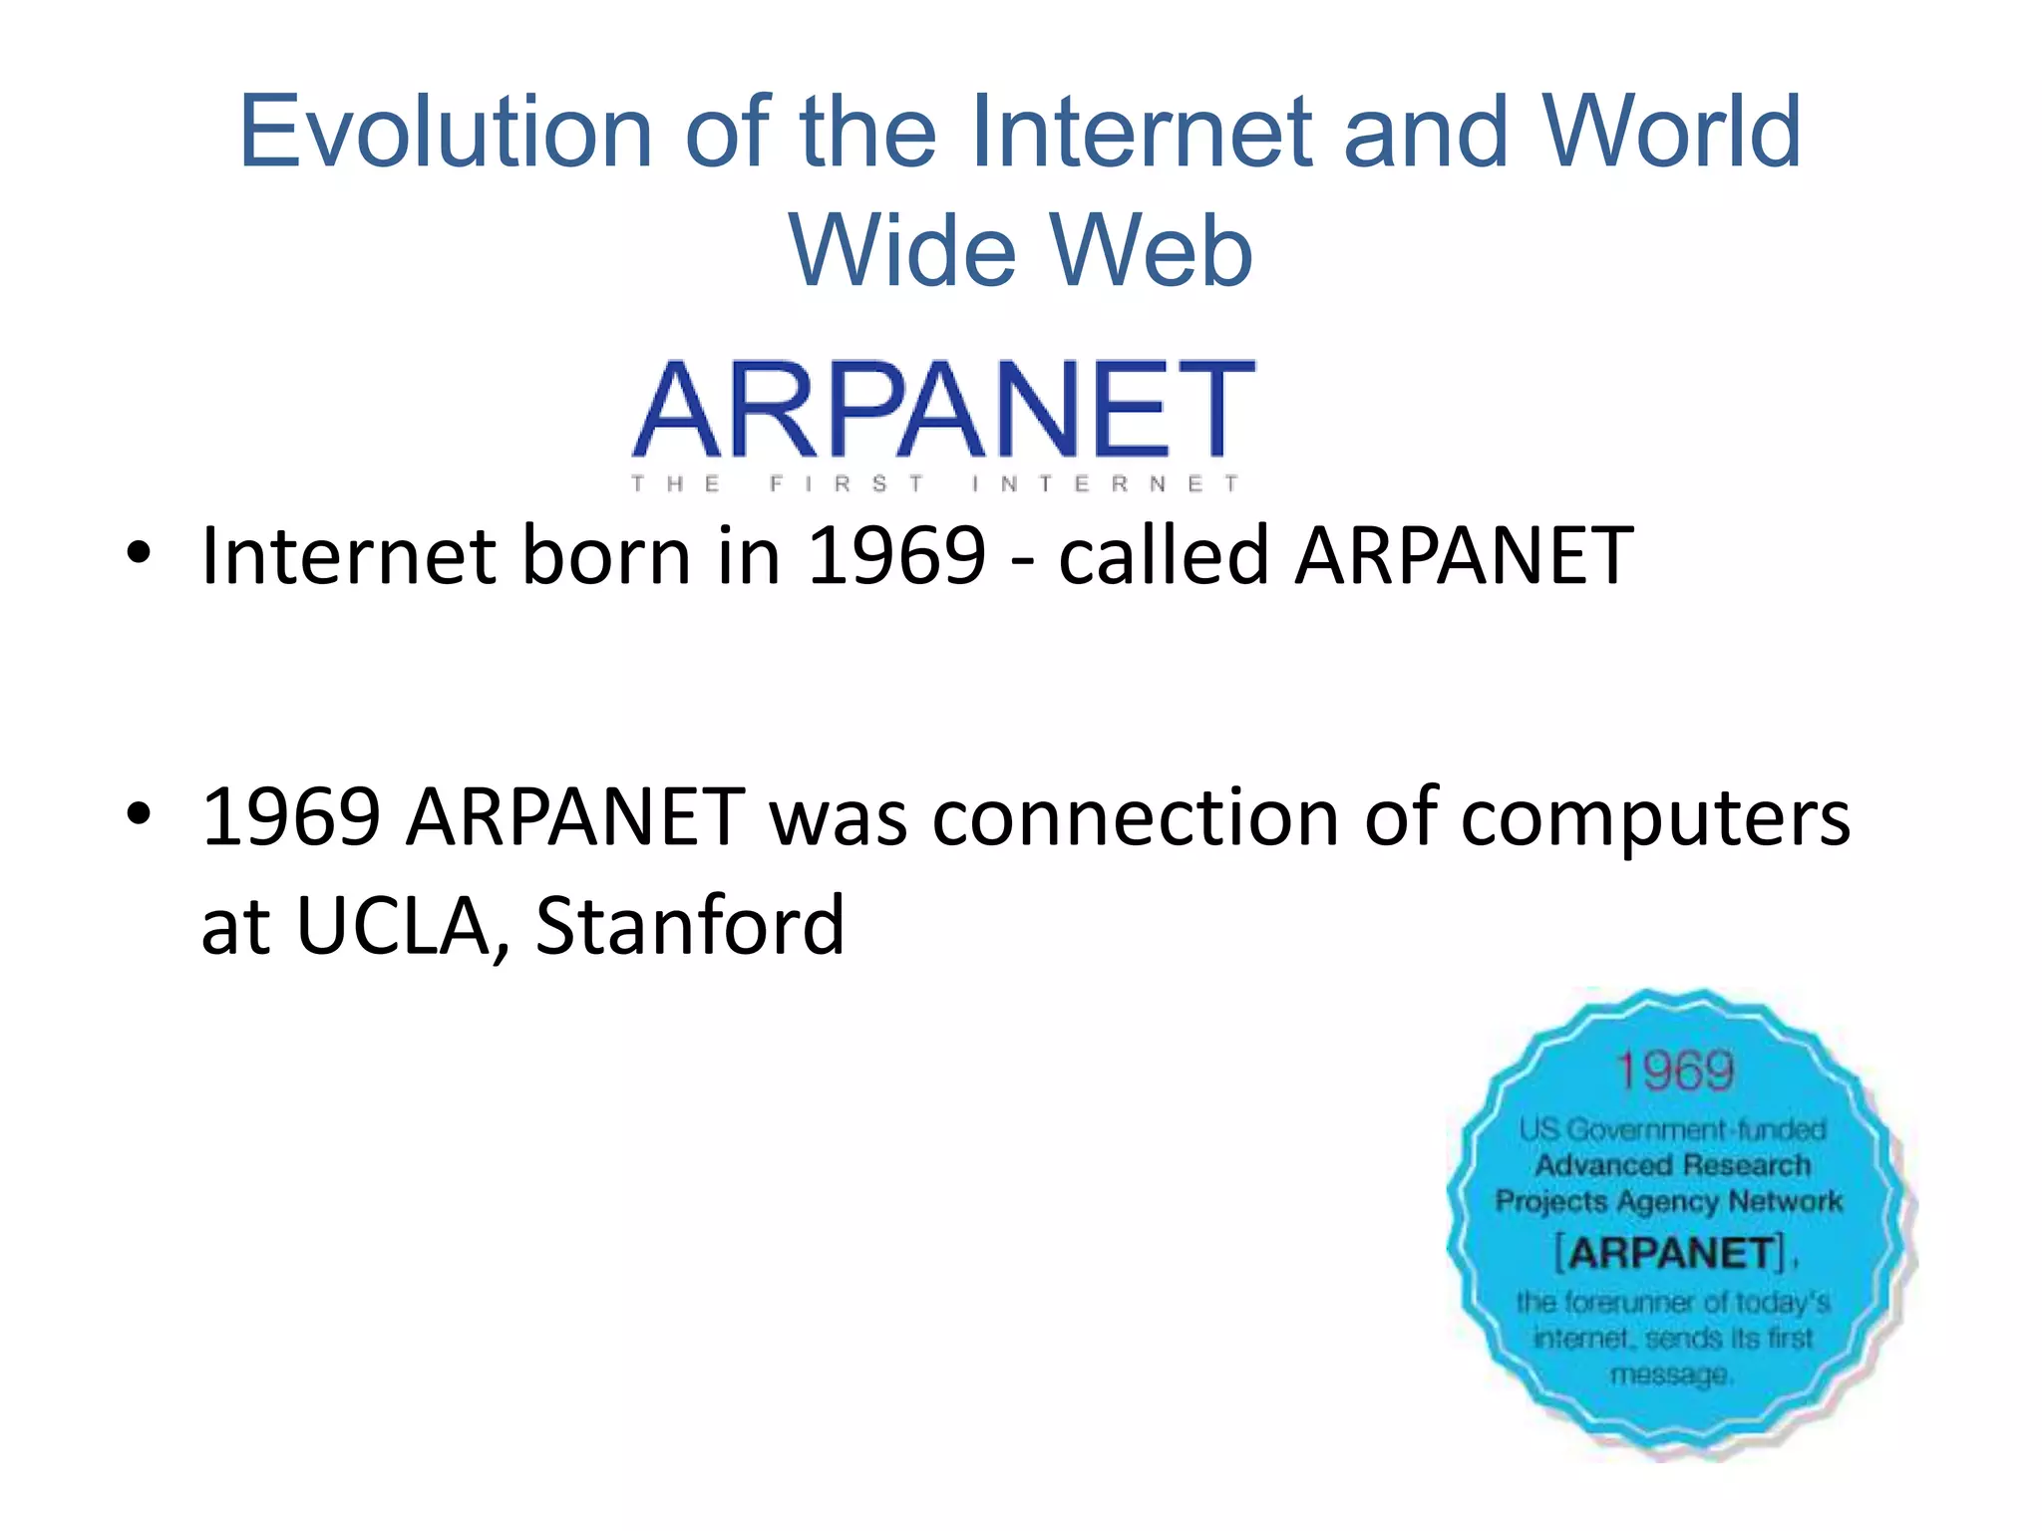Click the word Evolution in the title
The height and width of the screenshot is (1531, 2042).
(446, 132)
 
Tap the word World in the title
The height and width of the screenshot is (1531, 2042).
(1672, 132)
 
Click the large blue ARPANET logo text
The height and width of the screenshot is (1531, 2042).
(943, 410)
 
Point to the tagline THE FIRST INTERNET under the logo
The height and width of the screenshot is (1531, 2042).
(934, 484)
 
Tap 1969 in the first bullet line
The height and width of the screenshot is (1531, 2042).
(895, 555)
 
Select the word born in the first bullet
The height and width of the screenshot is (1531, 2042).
(606, 555)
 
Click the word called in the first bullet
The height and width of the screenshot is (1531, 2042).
(1163, 555)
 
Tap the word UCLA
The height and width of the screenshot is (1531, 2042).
(393, 926)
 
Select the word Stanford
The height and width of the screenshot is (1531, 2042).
(690, 926)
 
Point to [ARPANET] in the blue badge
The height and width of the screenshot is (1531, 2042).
(1671, 1253)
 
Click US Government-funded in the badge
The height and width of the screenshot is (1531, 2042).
(1672, 1129)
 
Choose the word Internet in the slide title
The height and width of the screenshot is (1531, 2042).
(1142, 132)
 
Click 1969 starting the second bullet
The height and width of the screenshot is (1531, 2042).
(290, 817)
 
